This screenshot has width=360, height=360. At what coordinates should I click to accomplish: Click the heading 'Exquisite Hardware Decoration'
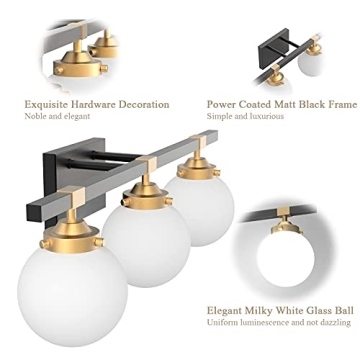(96, 104)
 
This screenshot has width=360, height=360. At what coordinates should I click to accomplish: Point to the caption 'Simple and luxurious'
(245, 117)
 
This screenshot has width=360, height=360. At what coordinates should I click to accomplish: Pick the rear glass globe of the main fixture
(205, 206)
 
